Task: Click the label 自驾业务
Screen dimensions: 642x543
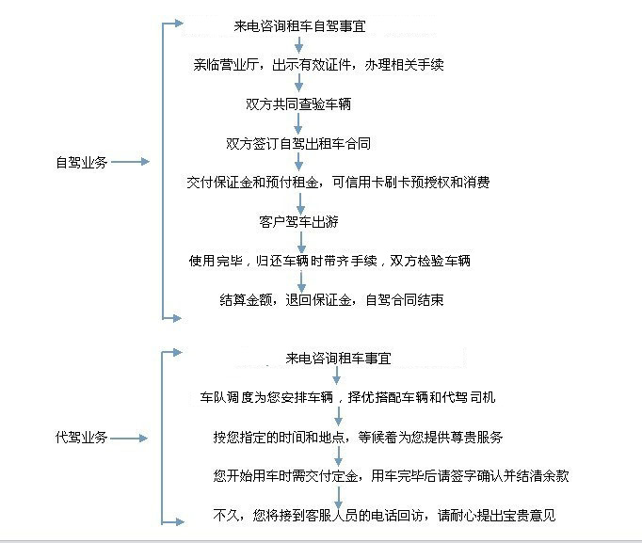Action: click(x=82, y=163)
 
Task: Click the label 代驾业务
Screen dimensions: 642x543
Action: click(x=82, y=438)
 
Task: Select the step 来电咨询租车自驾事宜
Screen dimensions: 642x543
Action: click(x=299, y=26)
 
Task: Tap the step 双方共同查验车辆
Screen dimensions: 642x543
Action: click(x=298, y=104)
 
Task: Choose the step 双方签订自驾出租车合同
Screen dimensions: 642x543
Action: click(x=298, y=143)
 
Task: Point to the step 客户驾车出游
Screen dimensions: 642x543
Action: click(x=299, y=222)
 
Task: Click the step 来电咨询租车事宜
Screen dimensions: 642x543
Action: click(x=338, y=358)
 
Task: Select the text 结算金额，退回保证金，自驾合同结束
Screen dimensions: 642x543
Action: click(x=331, y=300)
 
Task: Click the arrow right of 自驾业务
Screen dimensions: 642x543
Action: click(x=130, y=162)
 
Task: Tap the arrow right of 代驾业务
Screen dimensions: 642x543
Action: click(x=129, y=439)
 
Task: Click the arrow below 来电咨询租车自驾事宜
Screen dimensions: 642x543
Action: click(x=299, y=45)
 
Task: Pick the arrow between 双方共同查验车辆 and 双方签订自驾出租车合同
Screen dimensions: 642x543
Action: click(x=298, y=123)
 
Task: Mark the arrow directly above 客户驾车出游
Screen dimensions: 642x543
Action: click(x=300, y=203)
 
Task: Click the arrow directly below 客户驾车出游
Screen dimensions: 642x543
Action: click(x=301, y=242)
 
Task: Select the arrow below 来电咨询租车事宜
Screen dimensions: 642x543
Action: click(x=337, y=375)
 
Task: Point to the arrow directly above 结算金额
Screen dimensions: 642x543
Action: click(x=301, y=281)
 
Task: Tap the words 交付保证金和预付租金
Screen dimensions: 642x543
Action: click(x=252, y=182)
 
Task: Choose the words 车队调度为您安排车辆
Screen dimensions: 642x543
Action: click(x=266, y=397)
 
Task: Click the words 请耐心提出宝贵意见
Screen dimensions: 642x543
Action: click(x=496, y=515)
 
